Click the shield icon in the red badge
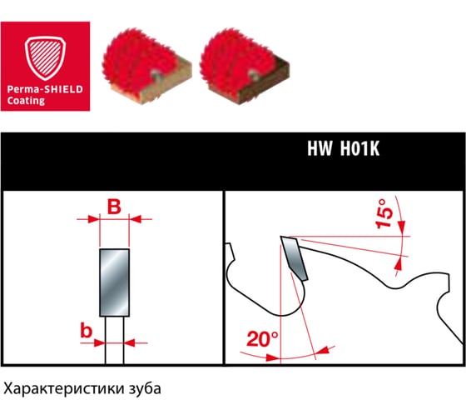45,58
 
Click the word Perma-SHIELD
45,89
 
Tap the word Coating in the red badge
26,101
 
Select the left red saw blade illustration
146,66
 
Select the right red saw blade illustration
245,66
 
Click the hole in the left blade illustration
155,73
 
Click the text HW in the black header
320,148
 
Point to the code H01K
359,148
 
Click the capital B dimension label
115,207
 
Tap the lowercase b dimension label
87,330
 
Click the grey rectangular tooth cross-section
115,282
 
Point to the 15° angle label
384,214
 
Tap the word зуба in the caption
145,388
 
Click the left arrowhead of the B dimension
93,219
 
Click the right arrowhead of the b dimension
129,342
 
